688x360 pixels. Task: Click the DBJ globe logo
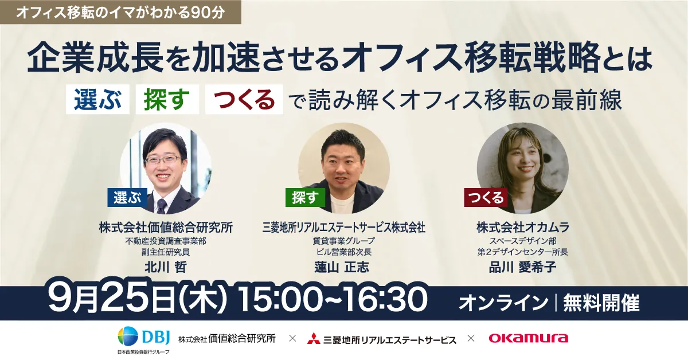[x=128, y=336]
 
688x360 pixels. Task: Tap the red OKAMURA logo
[x=528, y=338]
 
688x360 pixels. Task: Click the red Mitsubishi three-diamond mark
[x=314, y=338]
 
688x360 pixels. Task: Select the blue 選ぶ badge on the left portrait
[x=127, y=197]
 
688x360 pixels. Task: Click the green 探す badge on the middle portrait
[x=305, y=197]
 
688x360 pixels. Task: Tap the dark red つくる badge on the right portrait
[x=486, y=197]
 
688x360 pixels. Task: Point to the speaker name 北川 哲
[x=166, y=267]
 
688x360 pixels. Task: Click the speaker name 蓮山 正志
[x=342, y=267]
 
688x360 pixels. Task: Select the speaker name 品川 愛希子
[x=522, y=267]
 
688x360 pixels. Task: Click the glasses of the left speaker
[x=163, y=160]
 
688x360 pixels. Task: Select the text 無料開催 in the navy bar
[x=601, y=303]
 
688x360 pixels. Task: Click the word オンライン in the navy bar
[x=503, y=303]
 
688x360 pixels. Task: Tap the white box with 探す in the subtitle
[x=167, y=99]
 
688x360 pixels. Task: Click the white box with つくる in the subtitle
[x=244, y=99]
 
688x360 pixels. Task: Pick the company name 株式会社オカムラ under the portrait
[x=522, y=228]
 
